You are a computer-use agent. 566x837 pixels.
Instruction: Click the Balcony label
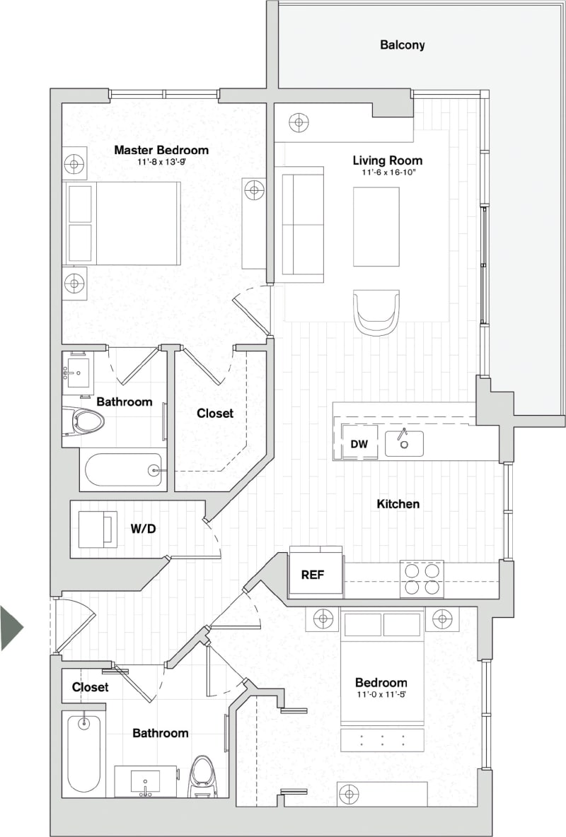pos(403,45)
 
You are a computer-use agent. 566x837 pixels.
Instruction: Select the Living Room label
pos(388,160)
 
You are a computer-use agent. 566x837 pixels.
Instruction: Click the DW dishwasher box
pos(359,443)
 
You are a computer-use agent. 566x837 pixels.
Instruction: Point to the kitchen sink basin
pos(404,443)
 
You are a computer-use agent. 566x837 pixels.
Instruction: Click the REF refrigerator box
pos(313,574)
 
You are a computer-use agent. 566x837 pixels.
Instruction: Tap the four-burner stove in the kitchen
pos(422,578)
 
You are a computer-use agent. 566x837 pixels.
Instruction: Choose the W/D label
pos(143,528)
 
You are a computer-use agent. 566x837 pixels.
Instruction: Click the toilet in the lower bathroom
pos(202,775)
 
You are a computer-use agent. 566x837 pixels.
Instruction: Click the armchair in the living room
pos(376,311)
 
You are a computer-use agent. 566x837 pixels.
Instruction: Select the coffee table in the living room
pos(376,226)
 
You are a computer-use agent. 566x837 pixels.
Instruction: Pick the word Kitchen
pos(398,504)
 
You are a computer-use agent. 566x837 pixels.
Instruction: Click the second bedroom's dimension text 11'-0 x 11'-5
pos(381,694)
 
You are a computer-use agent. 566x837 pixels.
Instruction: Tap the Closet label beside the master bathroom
pos(215,414)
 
